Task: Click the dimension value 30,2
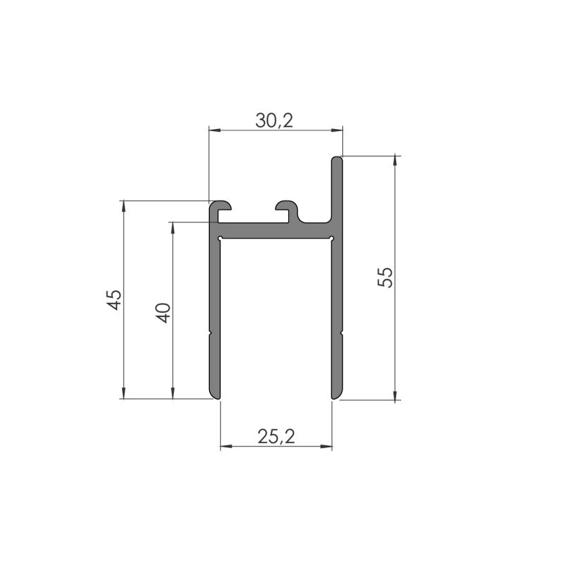click(x=273, y=121)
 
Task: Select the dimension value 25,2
click(x=276, y=437)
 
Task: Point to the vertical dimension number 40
click(x=163, y=311)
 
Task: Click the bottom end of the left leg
click(x=215, y=396)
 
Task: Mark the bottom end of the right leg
click(x=337, y=396)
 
